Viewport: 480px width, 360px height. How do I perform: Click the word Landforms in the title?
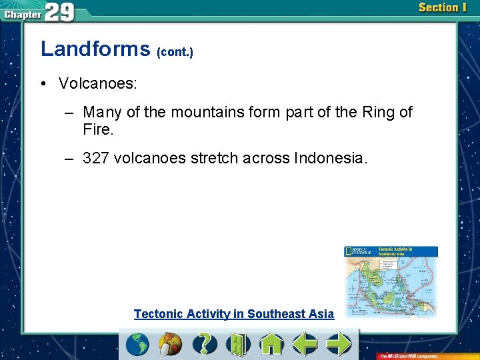tap(95, 49)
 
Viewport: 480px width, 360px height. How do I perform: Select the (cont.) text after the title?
tap(175, 52)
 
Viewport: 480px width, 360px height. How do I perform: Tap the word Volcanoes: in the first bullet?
tap(98, 83)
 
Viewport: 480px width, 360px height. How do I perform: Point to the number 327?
tap(96, 158)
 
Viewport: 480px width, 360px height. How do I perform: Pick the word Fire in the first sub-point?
tap(97, 129)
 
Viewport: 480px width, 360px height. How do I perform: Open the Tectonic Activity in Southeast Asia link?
tap(233, 314)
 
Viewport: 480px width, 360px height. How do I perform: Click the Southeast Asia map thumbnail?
tap(391, 280)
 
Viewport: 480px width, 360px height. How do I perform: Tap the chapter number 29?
tap(60, 11)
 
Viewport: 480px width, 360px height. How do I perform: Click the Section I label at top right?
tap(443, 8)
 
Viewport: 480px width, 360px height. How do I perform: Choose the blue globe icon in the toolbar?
tap(137, 345)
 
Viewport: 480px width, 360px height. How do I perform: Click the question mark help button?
tap(205, 344)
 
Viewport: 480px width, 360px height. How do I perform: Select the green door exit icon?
tap(237, 345)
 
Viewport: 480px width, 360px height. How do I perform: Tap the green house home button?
tap(271, 345)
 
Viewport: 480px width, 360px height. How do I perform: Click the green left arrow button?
tap(305, 345)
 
